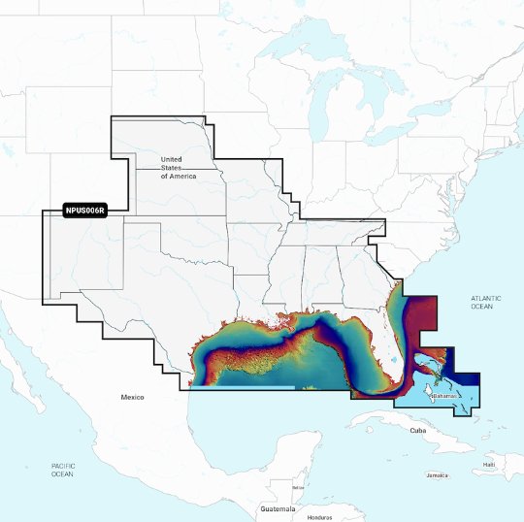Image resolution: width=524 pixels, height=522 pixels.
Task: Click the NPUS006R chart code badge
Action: click(x=84, y=210)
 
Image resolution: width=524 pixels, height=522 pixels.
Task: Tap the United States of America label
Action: click(x=177, y=167)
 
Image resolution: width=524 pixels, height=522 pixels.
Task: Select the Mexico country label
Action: click(x=132, y=398)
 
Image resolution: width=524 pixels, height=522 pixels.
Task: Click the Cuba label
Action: click(x=418, y=430)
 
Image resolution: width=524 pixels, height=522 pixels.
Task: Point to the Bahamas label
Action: click(x=443, y=396)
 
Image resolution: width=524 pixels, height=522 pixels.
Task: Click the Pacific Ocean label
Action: click(x=62, y=471)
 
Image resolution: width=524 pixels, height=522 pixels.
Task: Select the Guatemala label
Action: click(x=277, y=508)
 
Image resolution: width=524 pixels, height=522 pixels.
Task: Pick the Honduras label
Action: click(x=319, y=516)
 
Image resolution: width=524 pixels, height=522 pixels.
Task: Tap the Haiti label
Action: click(x=489, y=465)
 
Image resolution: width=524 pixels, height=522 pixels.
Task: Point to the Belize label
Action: click(x=297, y=486)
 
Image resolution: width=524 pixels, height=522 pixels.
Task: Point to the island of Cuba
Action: click(x=408, y=421)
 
